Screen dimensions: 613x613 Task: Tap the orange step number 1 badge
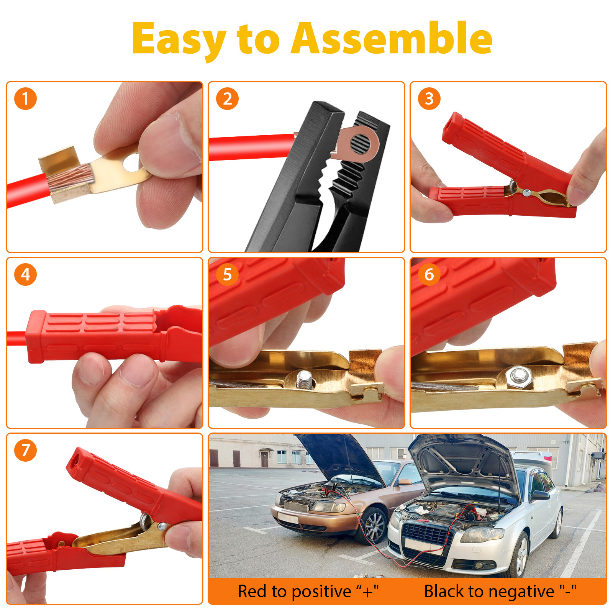click(x=25, y=99)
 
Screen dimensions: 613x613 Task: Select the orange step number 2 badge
click(x=227, y=99)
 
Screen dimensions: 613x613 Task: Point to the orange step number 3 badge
click(x=429, y=99)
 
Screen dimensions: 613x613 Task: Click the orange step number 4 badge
click(x=25, y=274)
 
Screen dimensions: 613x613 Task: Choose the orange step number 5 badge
click(x=227, y=274)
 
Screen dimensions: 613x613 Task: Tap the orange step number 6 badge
click(x=429, y=274)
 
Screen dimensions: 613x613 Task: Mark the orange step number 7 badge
click(x=25, y=450)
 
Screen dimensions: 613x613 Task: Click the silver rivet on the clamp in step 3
click(x=526, y=193)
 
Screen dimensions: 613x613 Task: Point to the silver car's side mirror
click(x=540, y=495)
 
